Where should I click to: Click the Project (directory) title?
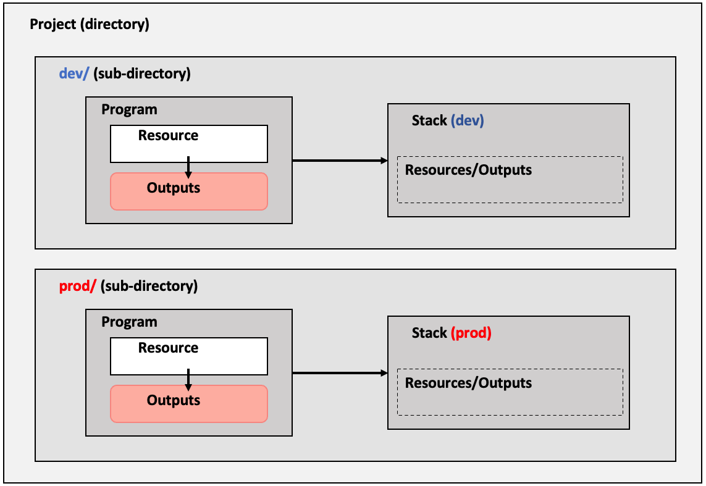tap(89, 24)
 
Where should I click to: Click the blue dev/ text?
tap(74, 73)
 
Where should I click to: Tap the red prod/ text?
tap(78, 286)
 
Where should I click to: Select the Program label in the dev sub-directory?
tap(129, 110)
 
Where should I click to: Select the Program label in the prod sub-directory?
tap(129, 322)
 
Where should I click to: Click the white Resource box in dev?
tap(189, 144)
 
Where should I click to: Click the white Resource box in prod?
tap(189, 356)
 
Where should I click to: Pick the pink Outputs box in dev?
tap(189, 191)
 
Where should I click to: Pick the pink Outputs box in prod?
tap(189, 404)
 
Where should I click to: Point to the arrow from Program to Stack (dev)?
tap(340, 161)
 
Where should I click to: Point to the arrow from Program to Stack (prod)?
tap(340, 373)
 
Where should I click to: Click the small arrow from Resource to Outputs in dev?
tap(188, 167)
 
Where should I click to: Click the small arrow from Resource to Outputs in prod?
tap(188, 380)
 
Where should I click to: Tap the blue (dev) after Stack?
tap(468, 120)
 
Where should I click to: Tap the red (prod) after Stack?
tap(471, 333)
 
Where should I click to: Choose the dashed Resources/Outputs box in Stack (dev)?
tap(510, 180)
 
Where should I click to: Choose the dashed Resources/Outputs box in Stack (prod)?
tap(510, 392)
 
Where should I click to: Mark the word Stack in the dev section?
tap(429, 120)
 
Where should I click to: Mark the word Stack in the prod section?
tap(429, 333)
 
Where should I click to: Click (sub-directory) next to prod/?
tap(149, 286)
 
